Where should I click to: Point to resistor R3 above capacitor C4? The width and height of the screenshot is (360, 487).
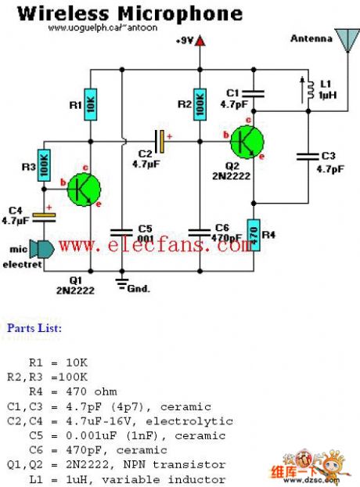(x=43, y=165)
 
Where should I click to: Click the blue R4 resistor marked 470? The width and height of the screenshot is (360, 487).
(x=254, y=235)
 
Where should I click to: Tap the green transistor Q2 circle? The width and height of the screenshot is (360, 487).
(x=246, y=142)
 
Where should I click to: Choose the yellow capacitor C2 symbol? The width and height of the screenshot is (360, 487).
(x=161, y=142)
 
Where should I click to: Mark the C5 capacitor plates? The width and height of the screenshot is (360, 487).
(x=122, y=232)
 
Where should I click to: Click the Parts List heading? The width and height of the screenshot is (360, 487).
(x=34, y=328)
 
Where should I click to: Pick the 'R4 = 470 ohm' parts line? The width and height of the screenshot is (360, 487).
(x=71, y=391)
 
